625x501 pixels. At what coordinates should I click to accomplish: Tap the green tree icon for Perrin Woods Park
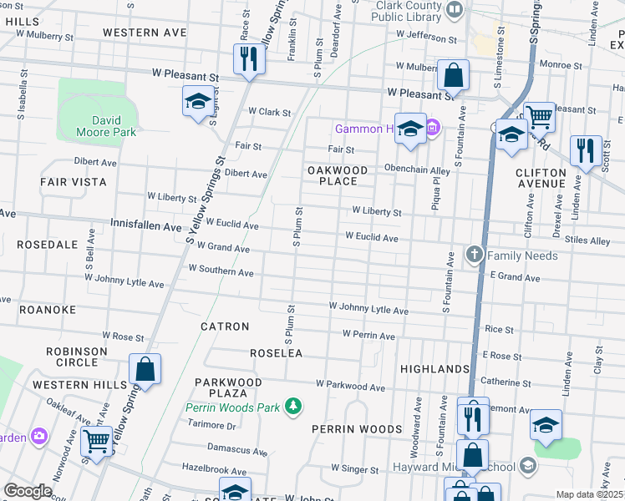tap(292, 407)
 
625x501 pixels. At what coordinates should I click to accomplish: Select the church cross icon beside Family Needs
tap(474, 255)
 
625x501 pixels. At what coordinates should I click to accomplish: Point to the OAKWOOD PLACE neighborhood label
tap(338, 175)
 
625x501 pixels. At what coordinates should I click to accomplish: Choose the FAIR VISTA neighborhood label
tap(74, 181)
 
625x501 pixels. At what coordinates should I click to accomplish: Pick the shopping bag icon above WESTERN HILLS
tap(145, 369)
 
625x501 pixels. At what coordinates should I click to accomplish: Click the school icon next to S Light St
tap(198, 102)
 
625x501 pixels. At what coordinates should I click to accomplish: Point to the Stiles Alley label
tap(587, 240)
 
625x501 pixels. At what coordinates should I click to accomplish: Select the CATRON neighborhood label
tap(225, 326)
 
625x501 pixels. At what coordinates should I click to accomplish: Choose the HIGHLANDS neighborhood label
tap(434, 369)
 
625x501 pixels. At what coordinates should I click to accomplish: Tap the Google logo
tap(28, 490)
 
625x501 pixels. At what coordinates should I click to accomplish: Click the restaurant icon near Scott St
tap(583, 150)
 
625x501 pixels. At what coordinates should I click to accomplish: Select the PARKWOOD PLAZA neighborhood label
tap(228, 387)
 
